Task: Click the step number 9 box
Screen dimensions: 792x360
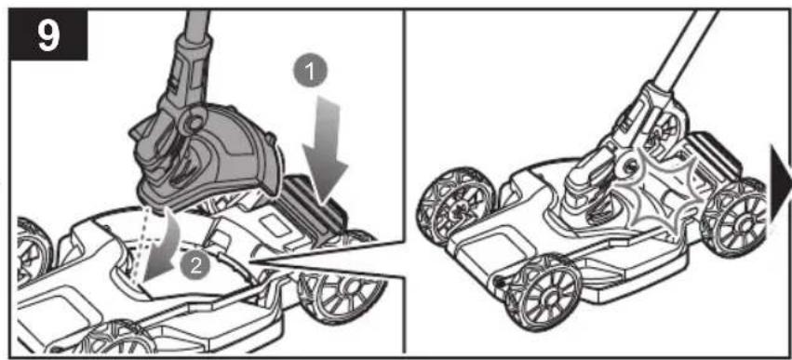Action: tap(49, 34)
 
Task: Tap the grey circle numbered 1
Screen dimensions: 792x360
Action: tap(309, 73)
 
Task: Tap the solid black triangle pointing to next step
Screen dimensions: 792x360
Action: tap(781, 184)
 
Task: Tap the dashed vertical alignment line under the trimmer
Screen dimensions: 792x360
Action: tap(139, 244)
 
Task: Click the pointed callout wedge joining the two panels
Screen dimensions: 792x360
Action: tap(329, 260)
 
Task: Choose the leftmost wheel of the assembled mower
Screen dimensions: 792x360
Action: tap(454, 204)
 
